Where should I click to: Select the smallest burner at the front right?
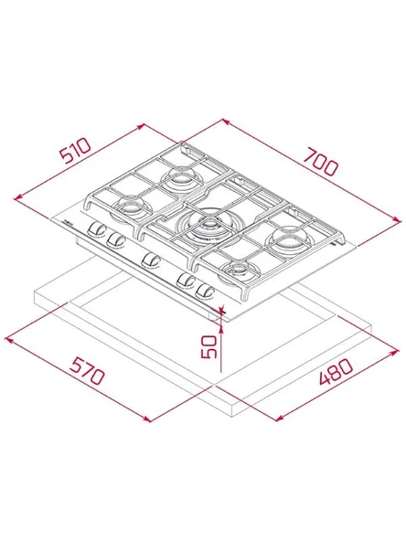(240, 270)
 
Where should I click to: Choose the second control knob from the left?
(115, 240)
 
